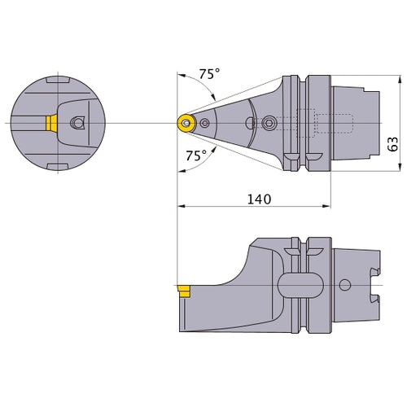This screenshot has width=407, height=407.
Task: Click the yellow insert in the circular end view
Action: point(51,122)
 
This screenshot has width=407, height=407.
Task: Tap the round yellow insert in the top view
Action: point(186,123)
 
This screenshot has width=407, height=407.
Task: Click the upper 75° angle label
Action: point(209,73)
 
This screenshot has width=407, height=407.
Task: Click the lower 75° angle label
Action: point(195,155)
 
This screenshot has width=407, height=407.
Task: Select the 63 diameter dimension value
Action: point(392,144)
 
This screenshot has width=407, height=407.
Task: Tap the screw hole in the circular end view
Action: point(77,122)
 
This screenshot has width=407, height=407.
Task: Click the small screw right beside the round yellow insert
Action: point(204,123)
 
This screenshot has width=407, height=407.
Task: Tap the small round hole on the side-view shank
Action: point(344,286)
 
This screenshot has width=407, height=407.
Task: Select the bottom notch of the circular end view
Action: point(58,164)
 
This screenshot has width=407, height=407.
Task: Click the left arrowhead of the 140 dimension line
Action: point(181,206)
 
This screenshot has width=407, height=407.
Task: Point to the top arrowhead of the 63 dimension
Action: point(399,80)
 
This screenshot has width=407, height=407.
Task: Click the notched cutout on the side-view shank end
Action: point(377,286)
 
